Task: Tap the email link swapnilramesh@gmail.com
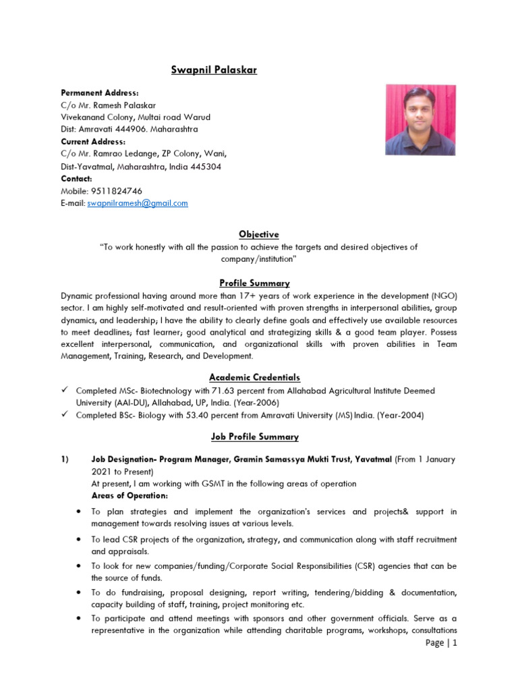[x=138, y=203]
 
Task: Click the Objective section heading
[x=258, y=234]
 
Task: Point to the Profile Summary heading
[x=258, y=283]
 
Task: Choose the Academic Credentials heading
[x=258, y=377]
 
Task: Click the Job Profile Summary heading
[x=258, y=437]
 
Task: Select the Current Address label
[x=93, y=142]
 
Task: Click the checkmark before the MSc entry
[x=65, y=391]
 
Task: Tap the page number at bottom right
[x=441, y=643]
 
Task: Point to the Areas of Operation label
[x=129, y=496]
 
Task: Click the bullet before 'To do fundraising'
[x=79, y=592]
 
